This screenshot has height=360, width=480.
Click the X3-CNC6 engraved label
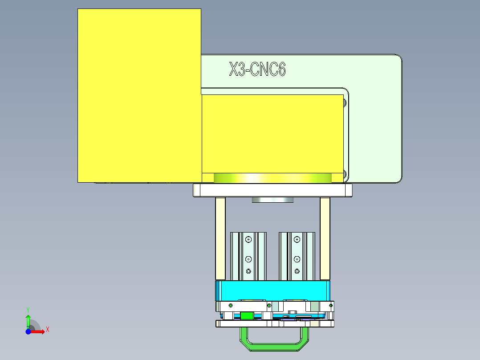click(x=257, y=70)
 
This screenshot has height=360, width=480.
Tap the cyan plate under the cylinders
click(x=273, y=290)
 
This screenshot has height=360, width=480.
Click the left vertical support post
click(x=220, y=238)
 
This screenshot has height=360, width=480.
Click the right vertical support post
click(x=325, y=238)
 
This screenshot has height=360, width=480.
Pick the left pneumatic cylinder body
click(x=248, y=256)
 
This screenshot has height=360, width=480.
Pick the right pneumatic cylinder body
click(x=297, y=256)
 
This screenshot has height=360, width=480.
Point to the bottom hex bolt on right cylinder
click(x=297, y=271)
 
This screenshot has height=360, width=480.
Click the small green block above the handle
click(x=247, y=315)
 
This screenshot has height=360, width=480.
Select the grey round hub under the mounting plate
click(x=273, y=200)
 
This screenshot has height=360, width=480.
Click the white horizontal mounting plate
click(x=273, y=190)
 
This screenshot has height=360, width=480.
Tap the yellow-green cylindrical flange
click(x=273, y=178)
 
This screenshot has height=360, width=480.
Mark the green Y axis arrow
click(x=28, y=320)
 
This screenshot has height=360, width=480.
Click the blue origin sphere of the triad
click(x=28, y=331)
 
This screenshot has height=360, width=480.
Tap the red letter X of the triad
click(x=47, y=330)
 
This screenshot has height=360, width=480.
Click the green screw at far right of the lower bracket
click(x=331, y=305)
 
